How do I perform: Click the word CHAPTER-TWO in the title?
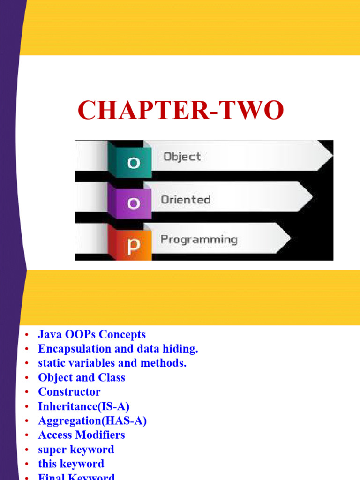click(x=180, y=111)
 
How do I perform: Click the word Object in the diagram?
click(x=182, y=157)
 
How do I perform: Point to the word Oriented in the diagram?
click(x=186, y=199)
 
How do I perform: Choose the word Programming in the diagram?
click(x=199, y=240)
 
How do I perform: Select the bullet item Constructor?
click(x=69, y=391)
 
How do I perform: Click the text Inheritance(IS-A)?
click(x=84, y=406)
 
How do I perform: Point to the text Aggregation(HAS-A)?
click(x=92, y=420)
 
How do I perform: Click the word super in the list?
click(x=52, y=450)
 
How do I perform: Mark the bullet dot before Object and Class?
click(x=27, y=378)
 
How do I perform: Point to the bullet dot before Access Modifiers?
click(x=27, y=435)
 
